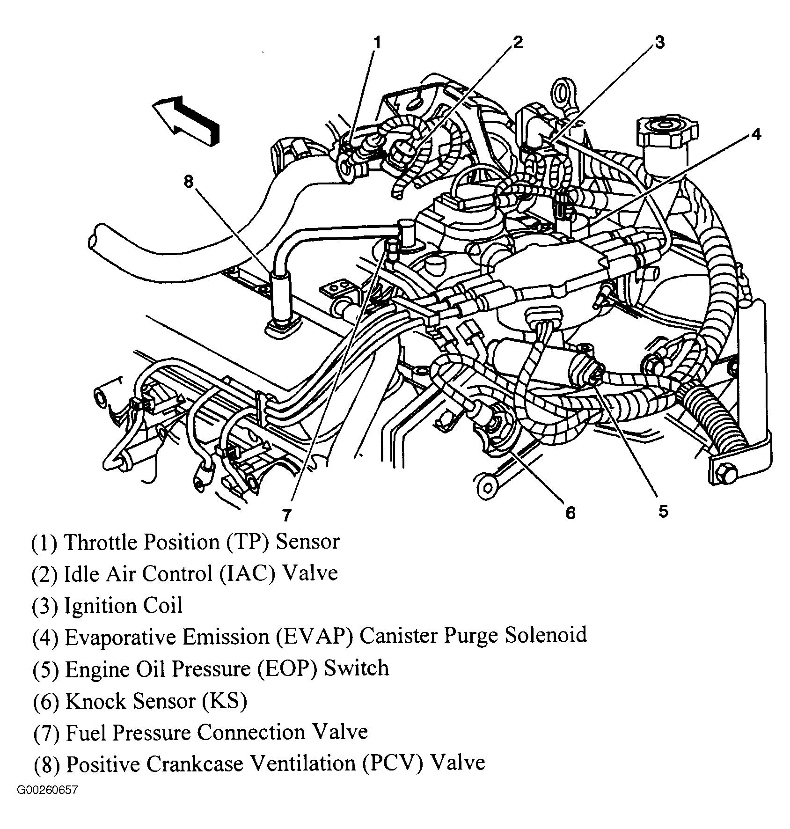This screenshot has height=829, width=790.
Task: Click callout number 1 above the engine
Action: click(x=377, y=44)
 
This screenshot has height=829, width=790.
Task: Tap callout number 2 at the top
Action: click(x=517, y=42)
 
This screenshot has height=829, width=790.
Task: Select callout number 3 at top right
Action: click(x=659, y=43)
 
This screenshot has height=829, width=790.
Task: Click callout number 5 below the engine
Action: click(x=663, y=511)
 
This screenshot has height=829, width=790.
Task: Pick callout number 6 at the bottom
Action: click(x=570, y=513)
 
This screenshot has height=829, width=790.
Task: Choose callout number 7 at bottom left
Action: click(x=287, y=515)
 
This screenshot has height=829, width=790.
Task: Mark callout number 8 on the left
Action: click(x=189, y=182)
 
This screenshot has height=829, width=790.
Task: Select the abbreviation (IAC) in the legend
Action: click(x=248, y=573)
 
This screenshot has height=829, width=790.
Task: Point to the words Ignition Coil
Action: click(x=123, y=605)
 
